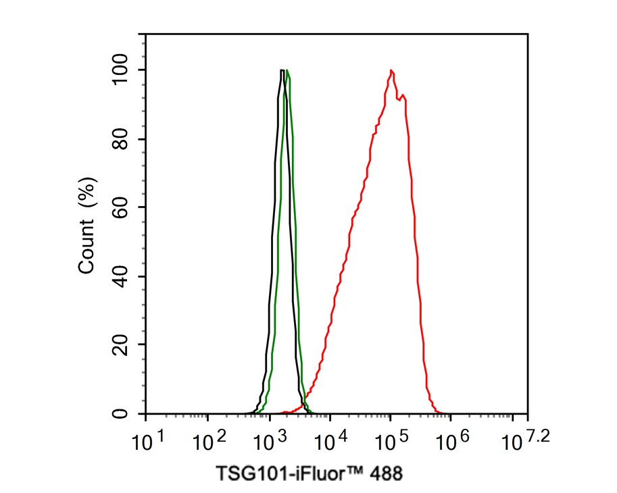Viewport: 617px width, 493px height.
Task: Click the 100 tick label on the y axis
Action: [121, 70]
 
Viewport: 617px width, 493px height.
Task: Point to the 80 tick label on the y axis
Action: [121, 139]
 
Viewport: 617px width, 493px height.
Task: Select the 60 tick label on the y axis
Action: [121, 208]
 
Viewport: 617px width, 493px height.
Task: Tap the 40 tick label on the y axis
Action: [121, 276]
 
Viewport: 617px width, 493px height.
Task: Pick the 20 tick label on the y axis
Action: [121, 345]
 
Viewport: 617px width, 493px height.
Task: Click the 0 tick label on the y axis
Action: [121, 413]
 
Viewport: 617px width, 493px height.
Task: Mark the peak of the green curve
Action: [287, 70]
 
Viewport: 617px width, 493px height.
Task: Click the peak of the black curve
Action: [281, 70]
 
